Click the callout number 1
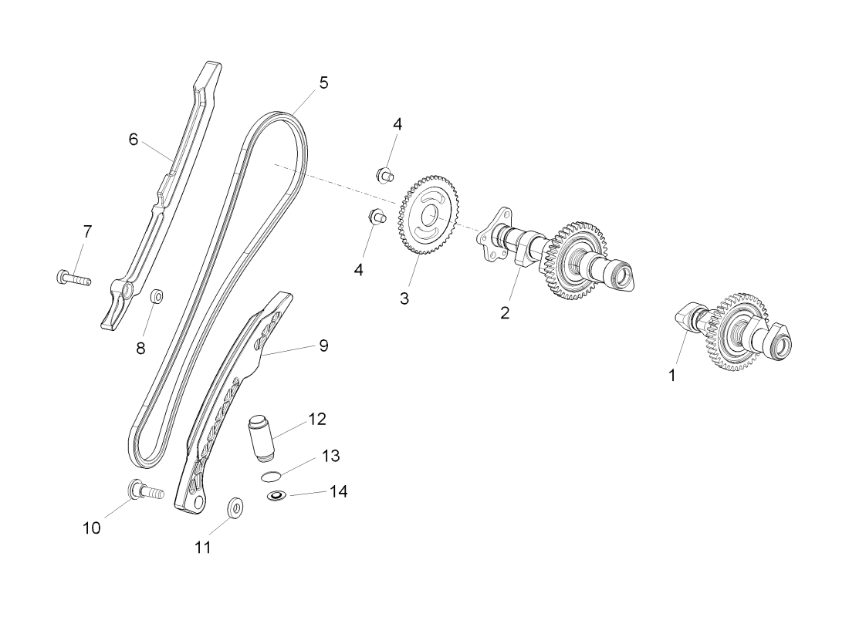[672, 375]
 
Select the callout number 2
[505, 312]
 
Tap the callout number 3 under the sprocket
[404, 298]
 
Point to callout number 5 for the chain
[323, 83]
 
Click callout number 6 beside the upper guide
[134, 139]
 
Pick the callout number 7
[87, 231]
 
